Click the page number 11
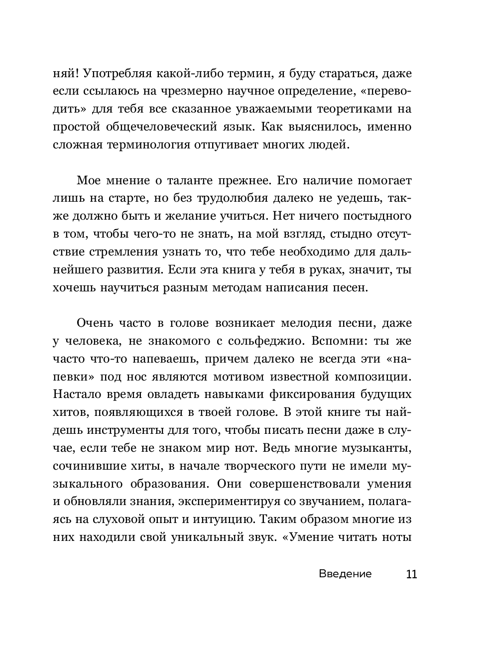[x=411, y=574]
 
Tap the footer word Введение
[x=345, y=574]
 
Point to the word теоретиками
[x=350, y=109]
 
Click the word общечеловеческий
[x=158, y=127]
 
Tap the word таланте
[x=190, y=180]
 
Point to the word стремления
[x=133, y=252]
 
